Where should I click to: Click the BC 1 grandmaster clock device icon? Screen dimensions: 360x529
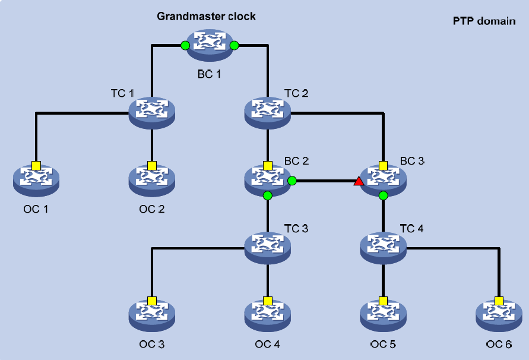click(210, 45)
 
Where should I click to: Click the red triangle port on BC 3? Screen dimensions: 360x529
click(359, 181)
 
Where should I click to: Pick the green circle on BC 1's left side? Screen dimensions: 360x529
click(185, 45)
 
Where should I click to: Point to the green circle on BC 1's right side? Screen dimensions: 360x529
click(234, 45)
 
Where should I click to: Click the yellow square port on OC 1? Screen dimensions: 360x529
click(36, 165)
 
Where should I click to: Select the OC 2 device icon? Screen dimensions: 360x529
click(152, 180)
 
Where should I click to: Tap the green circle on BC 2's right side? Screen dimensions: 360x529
click(292, 181)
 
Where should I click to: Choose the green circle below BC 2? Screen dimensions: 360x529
click(268, 195)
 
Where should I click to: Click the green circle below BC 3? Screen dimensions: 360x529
click(383, 195)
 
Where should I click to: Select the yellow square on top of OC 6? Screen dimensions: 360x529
click(499, 301)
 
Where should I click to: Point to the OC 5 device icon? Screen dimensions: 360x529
click(384, 315)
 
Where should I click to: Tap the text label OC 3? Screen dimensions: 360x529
click(152, 344)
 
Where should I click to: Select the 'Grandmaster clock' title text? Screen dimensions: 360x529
click(206, 16)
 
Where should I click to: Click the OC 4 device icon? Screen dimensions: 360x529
click(268, 315)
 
